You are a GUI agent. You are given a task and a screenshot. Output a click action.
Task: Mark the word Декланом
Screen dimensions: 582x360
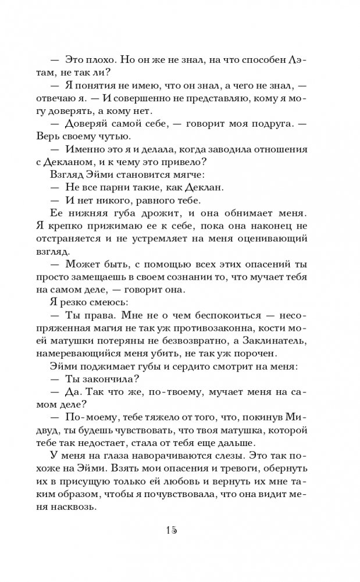86,162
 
